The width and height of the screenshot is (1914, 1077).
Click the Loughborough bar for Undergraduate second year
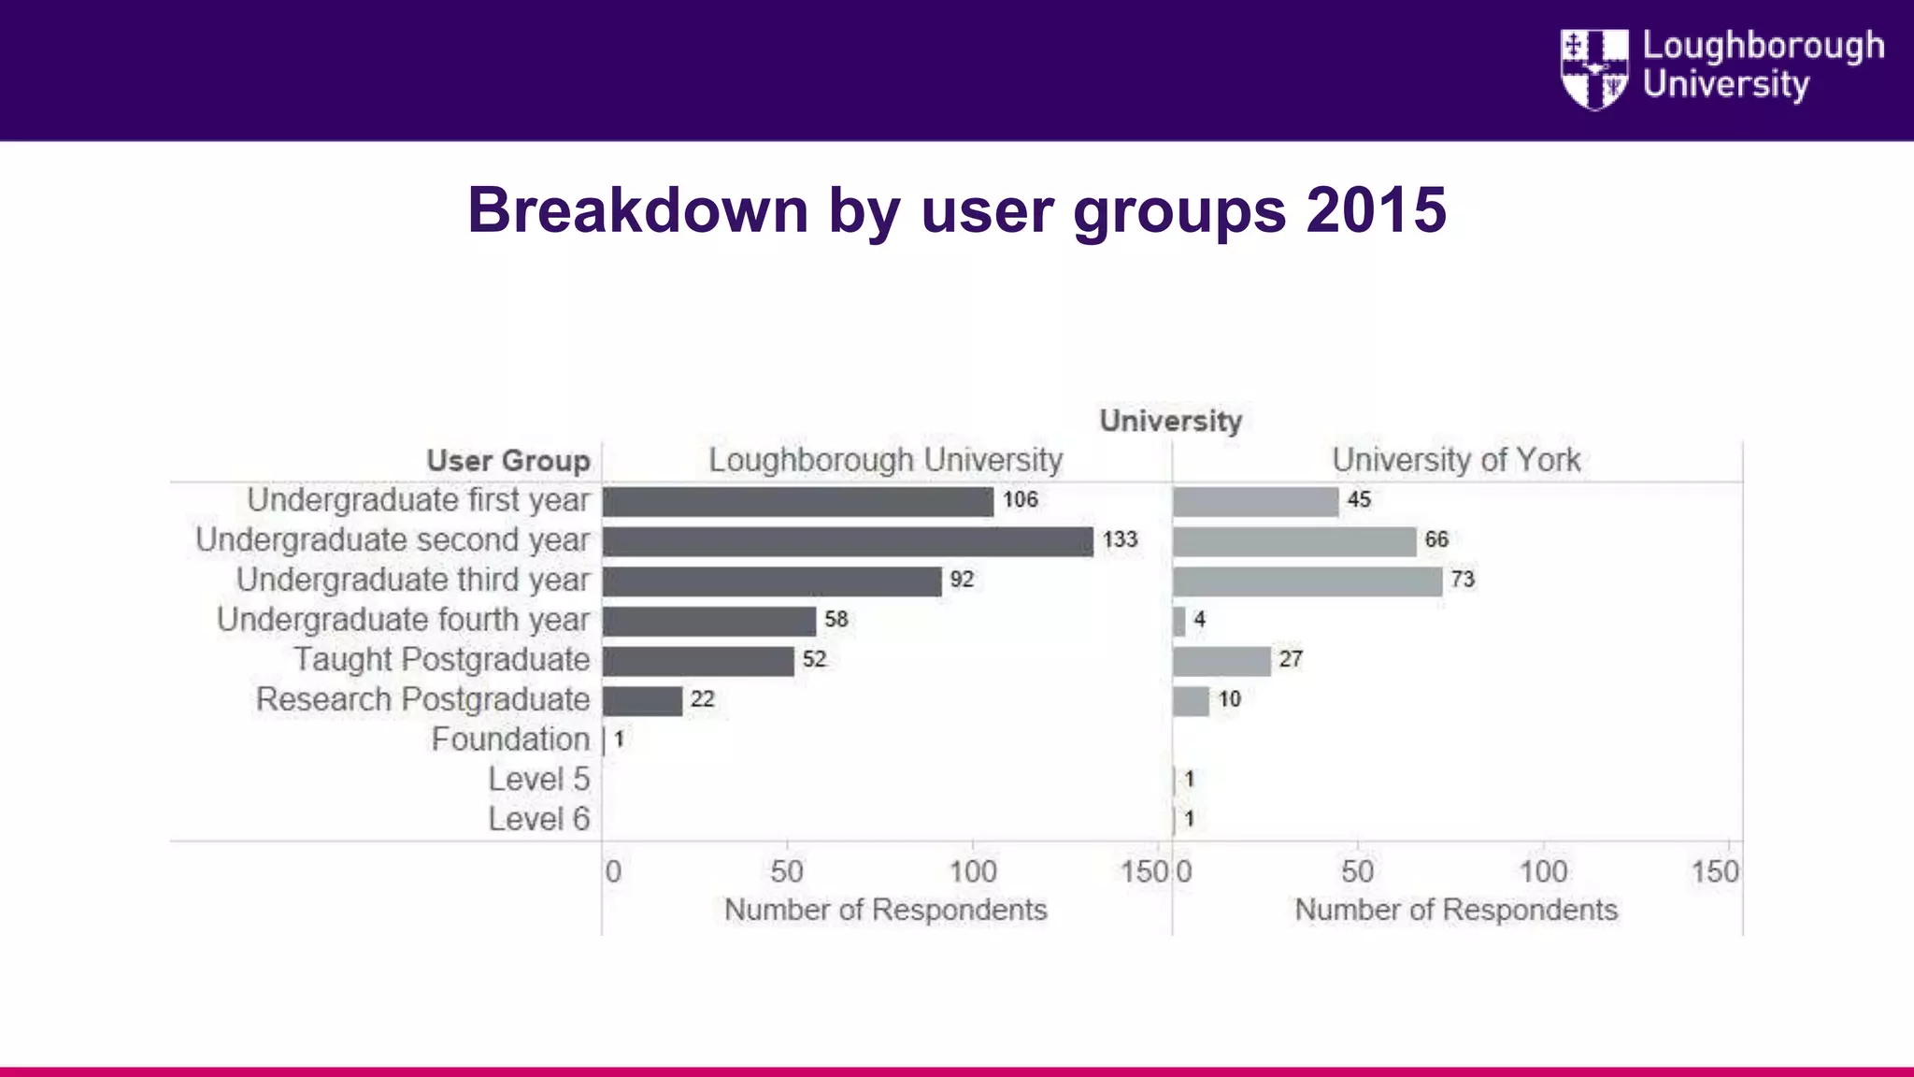pyautogui.click(x=848, y=541)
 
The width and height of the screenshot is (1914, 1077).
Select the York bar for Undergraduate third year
pyautogui.click(x=1307, y=582)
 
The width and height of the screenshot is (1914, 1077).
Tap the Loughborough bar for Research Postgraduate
pyautogui.click(x=642, y=700)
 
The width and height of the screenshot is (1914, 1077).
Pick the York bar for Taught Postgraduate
pyautogui.click(x=1221, y=661)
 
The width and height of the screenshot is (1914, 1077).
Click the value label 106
pyautogui.click(x=1020, y=500)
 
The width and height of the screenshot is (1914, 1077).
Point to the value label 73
pyautogui.click(x=1462, y=580)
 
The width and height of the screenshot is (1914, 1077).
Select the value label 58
pyautogui.click(x=836, y=620)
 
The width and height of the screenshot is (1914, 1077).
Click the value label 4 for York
pyautogui.click(x=1199, y=620)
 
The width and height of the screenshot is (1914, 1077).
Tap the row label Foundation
pyautogui.click(x=510, y=740)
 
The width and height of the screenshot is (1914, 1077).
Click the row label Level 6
pyautogui.click(x=539, y=819)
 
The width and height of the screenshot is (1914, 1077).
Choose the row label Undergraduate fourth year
pyautogui.click(x=403, y=620)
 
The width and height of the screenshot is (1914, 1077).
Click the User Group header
pyautogui.click(x=508, y=461)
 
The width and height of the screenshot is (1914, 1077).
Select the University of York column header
pyautogui.click(x=1456, y=460)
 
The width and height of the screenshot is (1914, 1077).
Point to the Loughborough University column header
pyautogui.click(x=885, y=460)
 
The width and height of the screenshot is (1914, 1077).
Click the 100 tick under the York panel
pyautogui.click(x=1542, y=872)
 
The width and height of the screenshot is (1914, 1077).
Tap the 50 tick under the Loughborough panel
pyautogui.click(x=787, y=872)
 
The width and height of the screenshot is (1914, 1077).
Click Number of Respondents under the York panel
pyautogui.click(x=1455, y=910)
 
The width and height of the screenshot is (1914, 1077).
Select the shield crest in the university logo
pyautogui.click(x=1593, y=69)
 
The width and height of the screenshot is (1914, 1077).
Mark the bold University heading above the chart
pyautogui.click(x=1170, y=421)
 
